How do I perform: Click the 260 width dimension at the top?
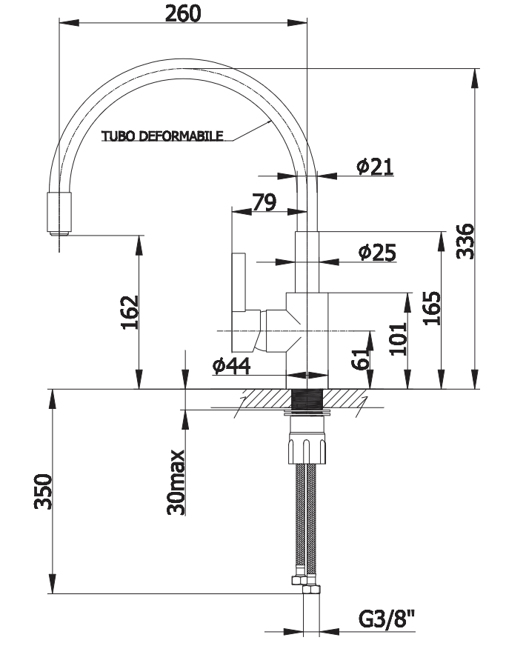183,13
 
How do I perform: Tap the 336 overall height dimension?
465,242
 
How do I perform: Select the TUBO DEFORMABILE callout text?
163,136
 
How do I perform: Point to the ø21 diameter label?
375,167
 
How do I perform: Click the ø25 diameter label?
377,252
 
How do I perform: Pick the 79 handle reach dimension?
264,202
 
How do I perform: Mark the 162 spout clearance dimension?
130,313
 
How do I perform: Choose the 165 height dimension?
432,309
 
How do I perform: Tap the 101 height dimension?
399,339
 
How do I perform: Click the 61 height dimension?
360,358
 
